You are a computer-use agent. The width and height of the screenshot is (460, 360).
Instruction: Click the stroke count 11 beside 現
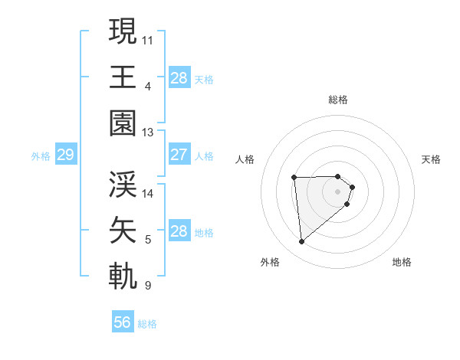click(x=148, y=39)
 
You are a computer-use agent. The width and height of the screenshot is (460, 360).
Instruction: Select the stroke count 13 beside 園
click(x=148, y=133)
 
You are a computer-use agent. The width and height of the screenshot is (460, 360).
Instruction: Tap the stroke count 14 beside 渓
click(x=148, y=193)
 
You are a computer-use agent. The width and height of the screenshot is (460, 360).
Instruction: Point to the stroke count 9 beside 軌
click(x=148, y=286)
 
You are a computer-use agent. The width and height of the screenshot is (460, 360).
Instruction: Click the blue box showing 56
click(x=123, y=322)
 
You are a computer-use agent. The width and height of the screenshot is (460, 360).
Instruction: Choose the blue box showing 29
click(x=65, y=155)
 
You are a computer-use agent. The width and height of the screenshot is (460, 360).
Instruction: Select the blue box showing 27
click(x=179, y=155)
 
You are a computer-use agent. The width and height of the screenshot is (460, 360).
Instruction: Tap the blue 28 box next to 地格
click(x=179, y=231)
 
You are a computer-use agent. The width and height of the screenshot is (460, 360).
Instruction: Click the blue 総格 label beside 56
click(x=147, y=324)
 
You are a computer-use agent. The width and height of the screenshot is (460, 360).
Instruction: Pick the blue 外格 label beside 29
click(x=41, y=156)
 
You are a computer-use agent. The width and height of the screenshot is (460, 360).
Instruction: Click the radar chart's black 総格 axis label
click(x=338, y=100)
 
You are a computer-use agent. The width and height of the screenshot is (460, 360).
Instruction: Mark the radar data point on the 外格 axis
click(x=302, y=242)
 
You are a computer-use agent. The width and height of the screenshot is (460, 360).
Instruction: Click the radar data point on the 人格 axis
click(x=294, y=178)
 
